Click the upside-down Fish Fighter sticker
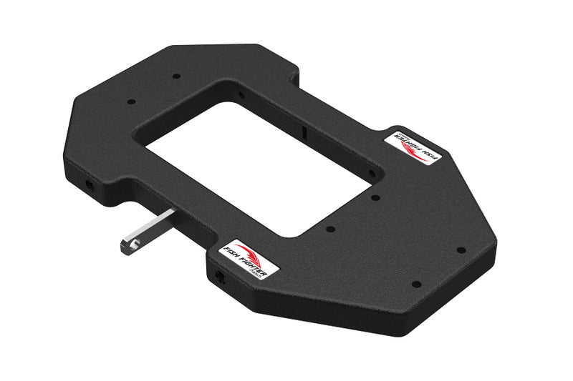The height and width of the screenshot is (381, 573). [413, 147]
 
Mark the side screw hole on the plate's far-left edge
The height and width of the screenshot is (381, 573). [88, 186]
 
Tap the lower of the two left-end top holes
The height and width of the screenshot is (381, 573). [130, 102]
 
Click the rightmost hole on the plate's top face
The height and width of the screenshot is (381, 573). [461, 250]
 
